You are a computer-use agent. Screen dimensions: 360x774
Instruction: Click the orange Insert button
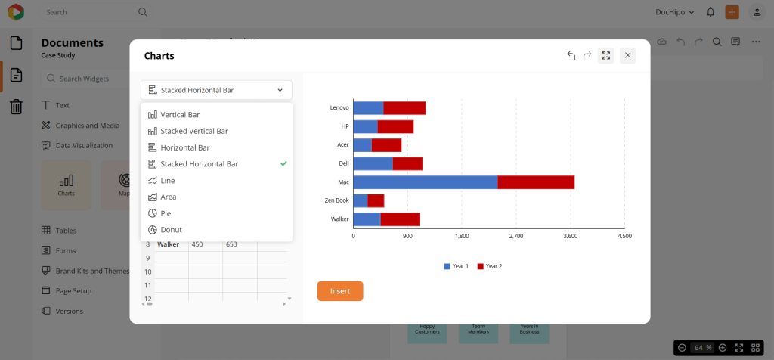pos(339,291)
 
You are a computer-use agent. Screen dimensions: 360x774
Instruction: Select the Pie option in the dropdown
pos(166,213)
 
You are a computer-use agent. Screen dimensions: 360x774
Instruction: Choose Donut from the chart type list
pos(171,230)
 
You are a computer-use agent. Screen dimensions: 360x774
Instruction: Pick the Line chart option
pos(167,181)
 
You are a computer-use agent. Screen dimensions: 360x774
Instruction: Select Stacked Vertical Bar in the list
pos(193,131)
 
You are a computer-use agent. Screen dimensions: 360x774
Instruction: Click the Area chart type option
pos(168,197)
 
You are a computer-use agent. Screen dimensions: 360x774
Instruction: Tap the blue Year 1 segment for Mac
pos(425,182)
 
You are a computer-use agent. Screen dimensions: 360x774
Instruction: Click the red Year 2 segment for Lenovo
pos(404,108)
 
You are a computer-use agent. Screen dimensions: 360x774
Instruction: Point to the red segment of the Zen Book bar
pos(376,200)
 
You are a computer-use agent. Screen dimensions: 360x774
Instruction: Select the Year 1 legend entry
pos(456,266)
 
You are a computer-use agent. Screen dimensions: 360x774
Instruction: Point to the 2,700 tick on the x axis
pos(516,237)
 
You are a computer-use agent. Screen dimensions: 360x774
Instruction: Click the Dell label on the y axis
pos(343,163)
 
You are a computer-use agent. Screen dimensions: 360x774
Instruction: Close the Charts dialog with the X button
pos(627,55)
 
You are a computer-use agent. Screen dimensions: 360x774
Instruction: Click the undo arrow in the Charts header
pos(571,55)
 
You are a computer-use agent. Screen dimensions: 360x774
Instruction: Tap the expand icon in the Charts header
pos(605,55)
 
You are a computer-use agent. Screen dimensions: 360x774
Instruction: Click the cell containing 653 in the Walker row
pos(231,244)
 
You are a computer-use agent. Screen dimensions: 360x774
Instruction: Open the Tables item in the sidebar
pos(66,231)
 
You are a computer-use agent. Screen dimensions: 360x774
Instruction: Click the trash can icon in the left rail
pos(16,107)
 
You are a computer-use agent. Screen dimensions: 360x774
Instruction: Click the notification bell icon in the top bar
pos(711,12)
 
